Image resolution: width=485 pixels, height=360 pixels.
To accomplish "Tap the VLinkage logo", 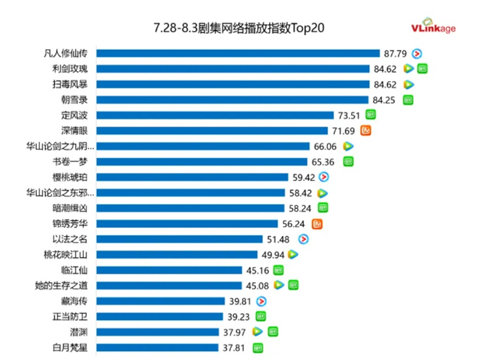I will [433, 26].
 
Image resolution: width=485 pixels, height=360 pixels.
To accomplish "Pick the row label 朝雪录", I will [75, 99].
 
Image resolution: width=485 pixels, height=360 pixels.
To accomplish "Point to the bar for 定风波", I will [215, 115].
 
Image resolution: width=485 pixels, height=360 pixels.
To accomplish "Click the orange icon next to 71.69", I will [366, 130].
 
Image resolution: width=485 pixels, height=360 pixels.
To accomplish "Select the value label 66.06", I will [325, 146].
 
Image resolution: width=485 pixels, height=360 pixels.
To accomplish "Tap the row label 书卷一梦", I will [75, 161].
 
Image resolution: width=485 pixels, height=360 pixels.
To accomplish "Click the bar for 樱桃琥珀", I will [192, 177].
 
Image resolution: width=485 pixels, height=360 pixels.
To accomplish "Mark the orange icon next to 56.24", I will [316, 224].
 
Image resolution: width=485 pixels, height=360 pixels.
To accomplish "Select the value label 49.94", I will [273, 255].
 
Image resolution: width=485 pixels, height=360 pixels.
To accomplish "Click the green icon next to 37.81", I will [258, 347].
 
